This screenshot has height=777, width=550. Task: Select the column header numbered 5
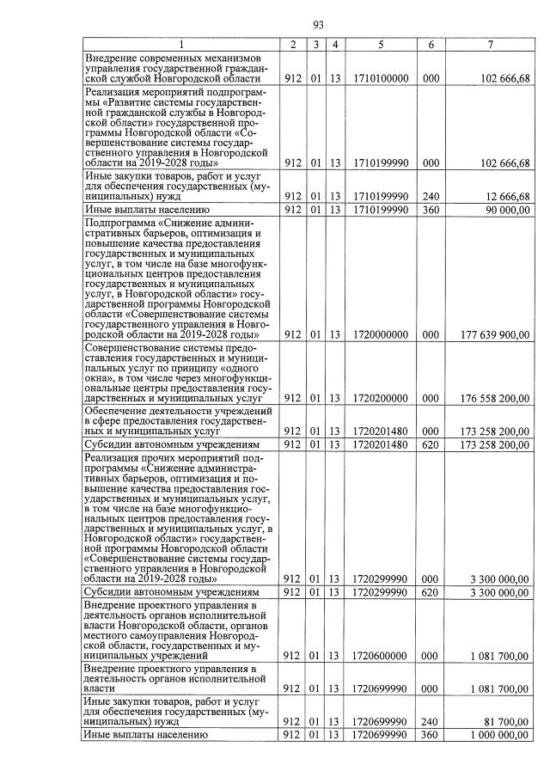[380, 44]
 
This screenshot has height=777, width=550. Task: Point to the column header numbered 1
[181, 44]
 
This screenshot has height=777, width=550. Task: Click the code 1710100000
[380, 78]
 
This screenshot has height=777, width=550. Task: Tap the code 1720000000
[380, 334]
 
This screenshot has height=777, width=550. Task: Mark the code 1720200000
[380, 399]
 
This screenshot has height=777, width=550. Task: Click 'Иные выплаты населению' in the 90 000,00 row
[146, 209]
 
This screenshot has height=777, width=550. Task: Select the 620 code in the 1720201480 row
[431, 444]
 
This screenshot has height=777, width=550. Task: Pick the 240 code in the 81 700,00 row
[431, 722]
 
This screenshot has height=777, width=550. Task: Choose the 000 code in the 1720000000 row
[431, 334]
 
